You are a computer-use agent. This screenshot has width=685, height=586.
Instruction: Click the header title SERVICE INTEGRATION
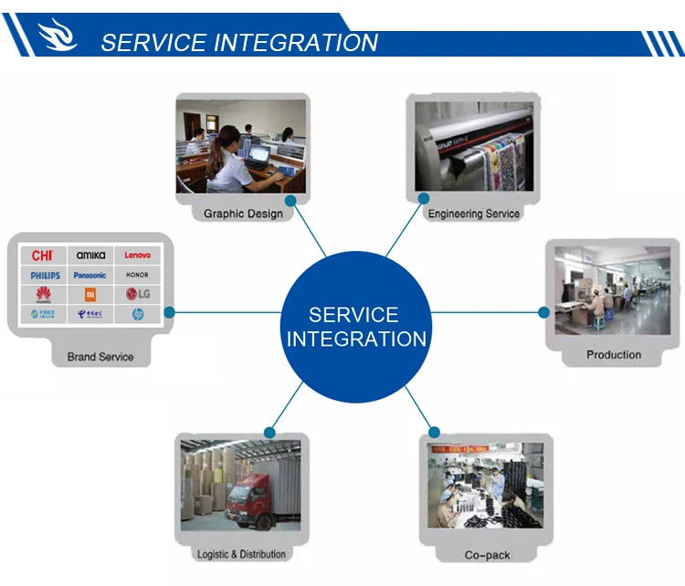239,43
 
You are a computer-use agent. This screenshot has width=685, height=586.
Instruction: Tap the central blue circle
355,327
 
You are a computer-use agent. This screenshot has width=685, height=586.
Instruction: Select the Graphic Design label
243,214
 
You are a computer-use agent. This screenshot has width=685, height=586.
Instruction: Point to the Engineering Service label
473,214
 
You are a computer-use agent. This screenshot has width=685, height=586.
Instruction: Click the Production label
614,354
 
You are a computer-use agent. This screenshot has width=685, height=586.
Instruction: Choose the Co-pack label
487,554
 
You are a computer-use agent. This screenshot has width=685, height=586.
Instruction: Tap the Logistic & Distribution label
241,554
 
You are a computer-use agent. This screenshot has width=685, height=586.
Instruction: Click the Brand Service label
100,357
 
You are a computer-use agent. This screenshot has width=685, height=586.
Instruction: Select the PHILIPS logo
45,275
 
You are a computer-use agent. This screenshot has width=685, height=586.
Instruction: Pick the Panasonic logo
90,275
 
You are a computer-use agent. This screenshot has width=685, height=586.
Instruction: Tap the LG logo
138,294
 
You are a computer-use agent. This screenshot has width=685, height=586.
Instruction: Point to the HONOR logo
138,275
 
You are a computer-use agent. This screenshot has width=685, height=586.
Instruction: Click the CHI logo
43,256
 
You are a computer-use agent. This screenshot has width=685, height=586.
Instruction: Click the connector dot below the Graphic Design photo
290,200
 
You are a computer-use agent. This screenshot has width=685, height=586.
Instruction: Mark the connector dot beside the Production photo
544,312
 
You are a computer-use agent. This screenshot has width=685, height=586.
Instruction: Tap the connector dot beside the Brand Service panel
168,312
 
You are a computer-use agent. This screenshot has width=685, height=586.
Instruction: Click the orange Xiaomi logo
90,294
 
